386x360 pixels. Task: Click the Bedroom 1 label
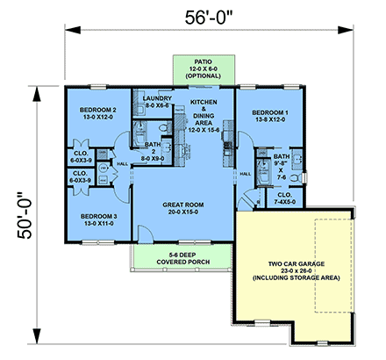click(x=269, y=118)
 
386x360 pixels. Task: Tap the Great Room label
click(x=182, y=208)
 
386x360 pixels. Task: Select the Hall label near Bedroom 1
click(x=246, y=173)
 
